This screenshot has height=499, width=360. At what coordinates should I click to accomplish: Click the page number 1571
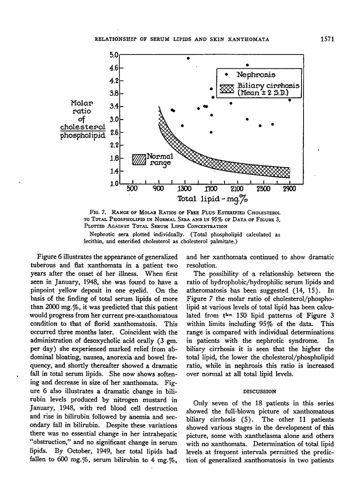(x=328, y=39)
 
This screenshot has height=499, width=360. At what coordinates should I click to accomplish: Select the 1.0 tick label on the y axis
(x=114, y=183)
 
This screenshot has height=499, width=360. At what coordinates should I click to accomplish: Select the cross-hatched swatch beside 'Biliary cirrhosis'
(x=226, y=89)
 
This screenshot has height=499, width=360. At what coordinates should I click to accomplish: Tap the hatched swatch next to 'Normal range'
(x=139, y=159)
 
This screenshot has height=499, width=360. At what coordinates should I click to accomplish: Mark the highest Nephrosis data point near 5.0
(x=188, y=58)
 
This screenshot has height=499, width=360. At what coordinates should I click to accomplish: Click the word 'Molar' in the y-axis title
(x=82, y=103)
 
